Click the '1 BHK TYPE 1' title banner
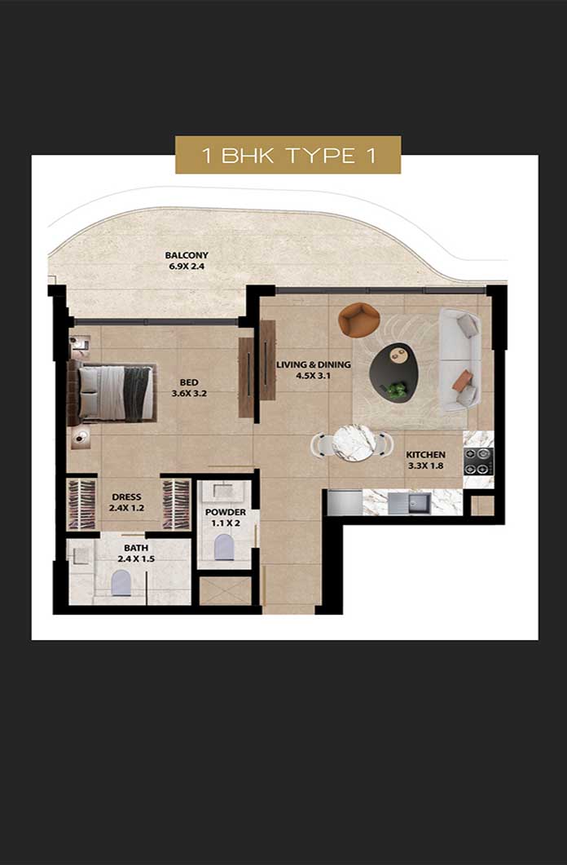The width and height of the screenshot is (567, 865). click(288, 155)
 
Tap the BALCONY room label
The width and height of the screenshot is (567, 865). click(187, 255)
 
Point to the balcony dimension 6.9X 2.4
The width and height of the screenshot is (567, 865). click(187, 267)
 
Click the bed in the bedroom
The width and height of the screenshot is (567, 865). click(112, 392)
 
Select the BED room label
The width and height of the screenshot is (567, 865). click(189, 382)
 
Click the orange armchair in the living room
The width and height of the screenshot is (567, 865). click(358, 320)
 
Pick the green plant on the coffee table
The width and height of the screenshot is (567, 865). click(396, 390)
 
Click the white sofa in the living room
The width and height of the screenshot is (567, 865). click(459, 360)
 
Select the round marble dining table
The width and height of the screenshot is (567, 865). click(354, 443)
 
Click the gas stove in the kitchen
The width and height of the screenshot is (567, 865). click(477, 461)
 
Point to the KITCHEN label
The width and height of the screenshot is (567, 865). click(425, 455)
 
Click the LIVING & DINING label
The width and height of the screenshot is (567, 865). click(314, 364)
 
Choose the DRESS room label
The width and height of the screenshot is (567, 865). click(127, 497)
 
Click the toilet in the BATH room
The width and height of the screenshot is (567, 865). click(121, 583)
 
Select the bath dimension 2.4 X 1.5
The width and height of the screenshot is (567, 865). click(136, 558)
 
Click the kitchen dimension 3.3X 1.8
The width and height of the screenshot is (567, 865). click(426, 466)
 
